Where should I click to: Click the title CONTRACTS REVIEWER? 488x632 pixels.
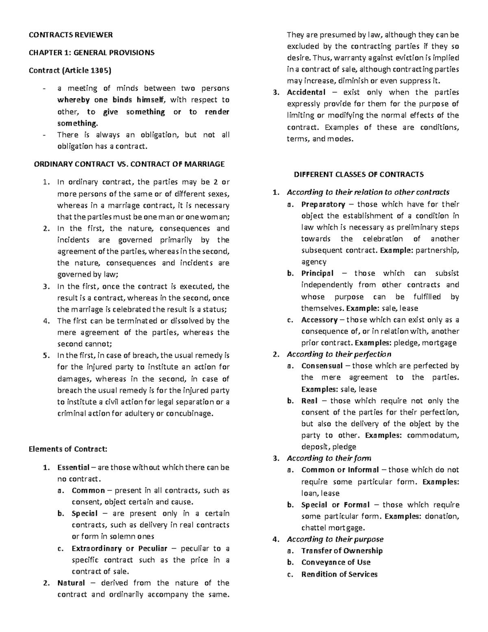[x=70, y=35]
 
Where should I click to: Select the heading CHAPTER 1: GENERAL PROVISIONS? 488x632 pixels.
[x=91, y=52]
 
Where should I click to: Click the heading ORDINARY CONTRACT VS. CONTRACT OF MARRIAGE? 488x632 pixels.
[x=129, y=164]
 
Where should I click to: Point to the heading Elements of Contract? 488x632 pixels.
[x=68, y=449]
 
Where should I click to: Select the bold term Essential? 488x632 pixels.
[x=73, y=467]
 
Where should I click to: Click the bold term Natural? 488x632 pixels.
[x=71, y=583]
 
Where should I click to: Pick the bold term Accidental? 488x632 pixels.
[x=306, y=92]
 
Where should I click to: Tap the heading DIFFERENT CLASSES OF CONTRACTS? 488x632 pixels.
[x=359, y=175]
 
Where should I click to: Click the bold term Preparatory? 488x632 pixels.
[x=323, y=204]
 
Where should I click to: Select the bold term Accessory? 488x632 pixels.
[x=319, y=320]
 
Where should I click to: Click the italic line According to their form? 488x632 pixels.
[x=329, y=458]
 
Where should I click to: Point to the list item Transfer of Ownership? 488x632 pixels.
[x=342, y=551]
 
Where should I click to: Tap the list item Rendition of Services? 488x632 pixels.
[x=339, y=574]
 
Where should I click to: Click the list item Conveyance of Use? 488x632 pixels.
[x=335, y=562]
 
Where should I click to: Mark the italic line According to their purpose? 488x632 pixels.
[x=335, y=539]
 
